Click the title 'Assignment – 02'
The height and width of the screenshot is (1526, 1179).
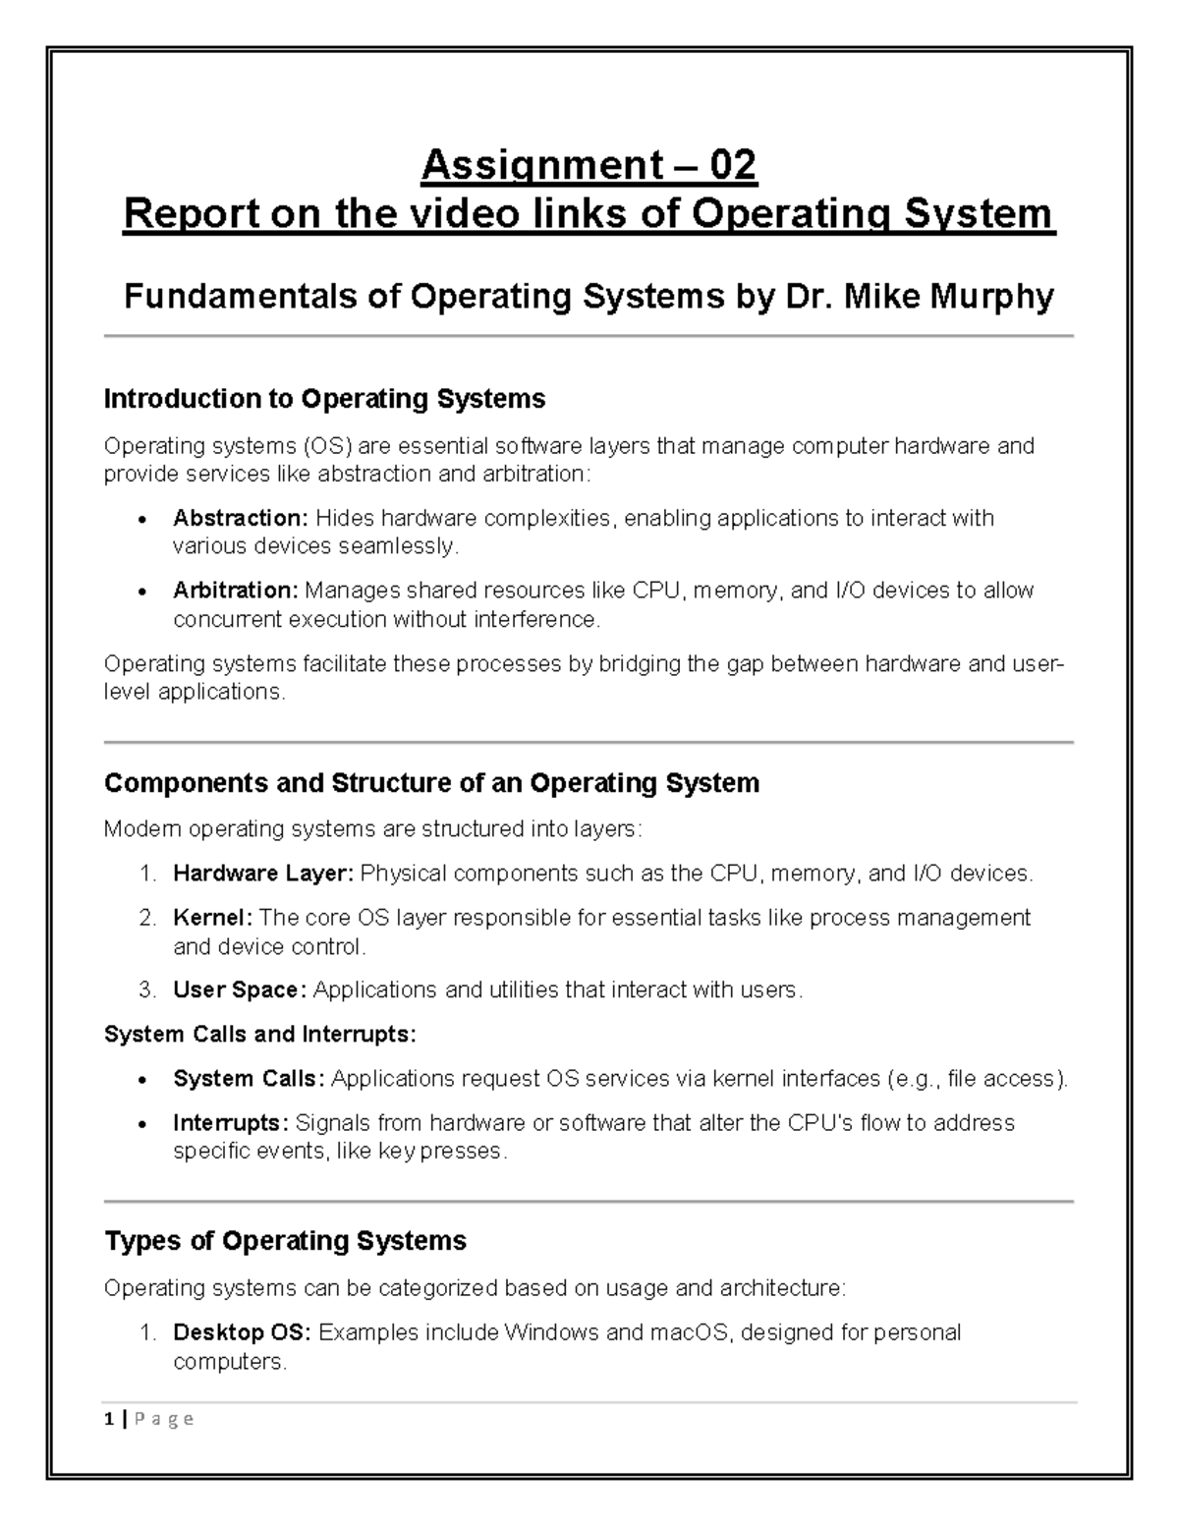pos(589,165)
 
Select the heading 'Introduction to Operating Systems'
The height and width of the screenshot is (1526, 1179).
pos(324,399)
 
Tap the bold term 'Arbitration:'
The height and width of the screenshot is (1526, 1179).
pos(235,591)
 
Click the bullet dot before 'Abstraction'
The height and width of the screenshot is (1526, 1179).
pos(143,520)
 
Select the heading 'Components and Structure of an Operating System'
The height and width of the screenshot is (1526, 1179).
pos(431,783)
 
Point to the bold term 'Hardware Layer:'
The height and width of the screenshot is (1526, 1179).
pos(262,874)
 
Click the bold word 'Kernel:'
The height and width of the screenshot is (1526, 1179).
pos(212,918)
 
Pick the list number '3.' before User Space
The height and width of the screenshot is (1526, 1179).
pos(147,989)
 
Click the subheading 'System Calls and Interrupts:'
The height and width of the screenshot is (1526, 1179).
pos(260,1034)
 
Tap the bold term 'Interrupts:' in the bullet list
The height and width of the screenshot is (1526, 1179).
pos(231,1122)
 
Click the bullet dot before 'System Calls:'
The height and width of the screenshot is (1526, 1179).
pos(143,1080)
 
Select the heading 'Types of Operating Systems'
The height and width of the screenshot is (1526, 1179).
pos(285,1241)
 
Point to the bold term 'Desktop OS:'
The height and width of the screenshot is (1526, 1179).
pos(242,1333)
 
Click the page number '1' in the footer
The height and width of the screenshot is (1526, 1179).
pos(108,1419)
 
